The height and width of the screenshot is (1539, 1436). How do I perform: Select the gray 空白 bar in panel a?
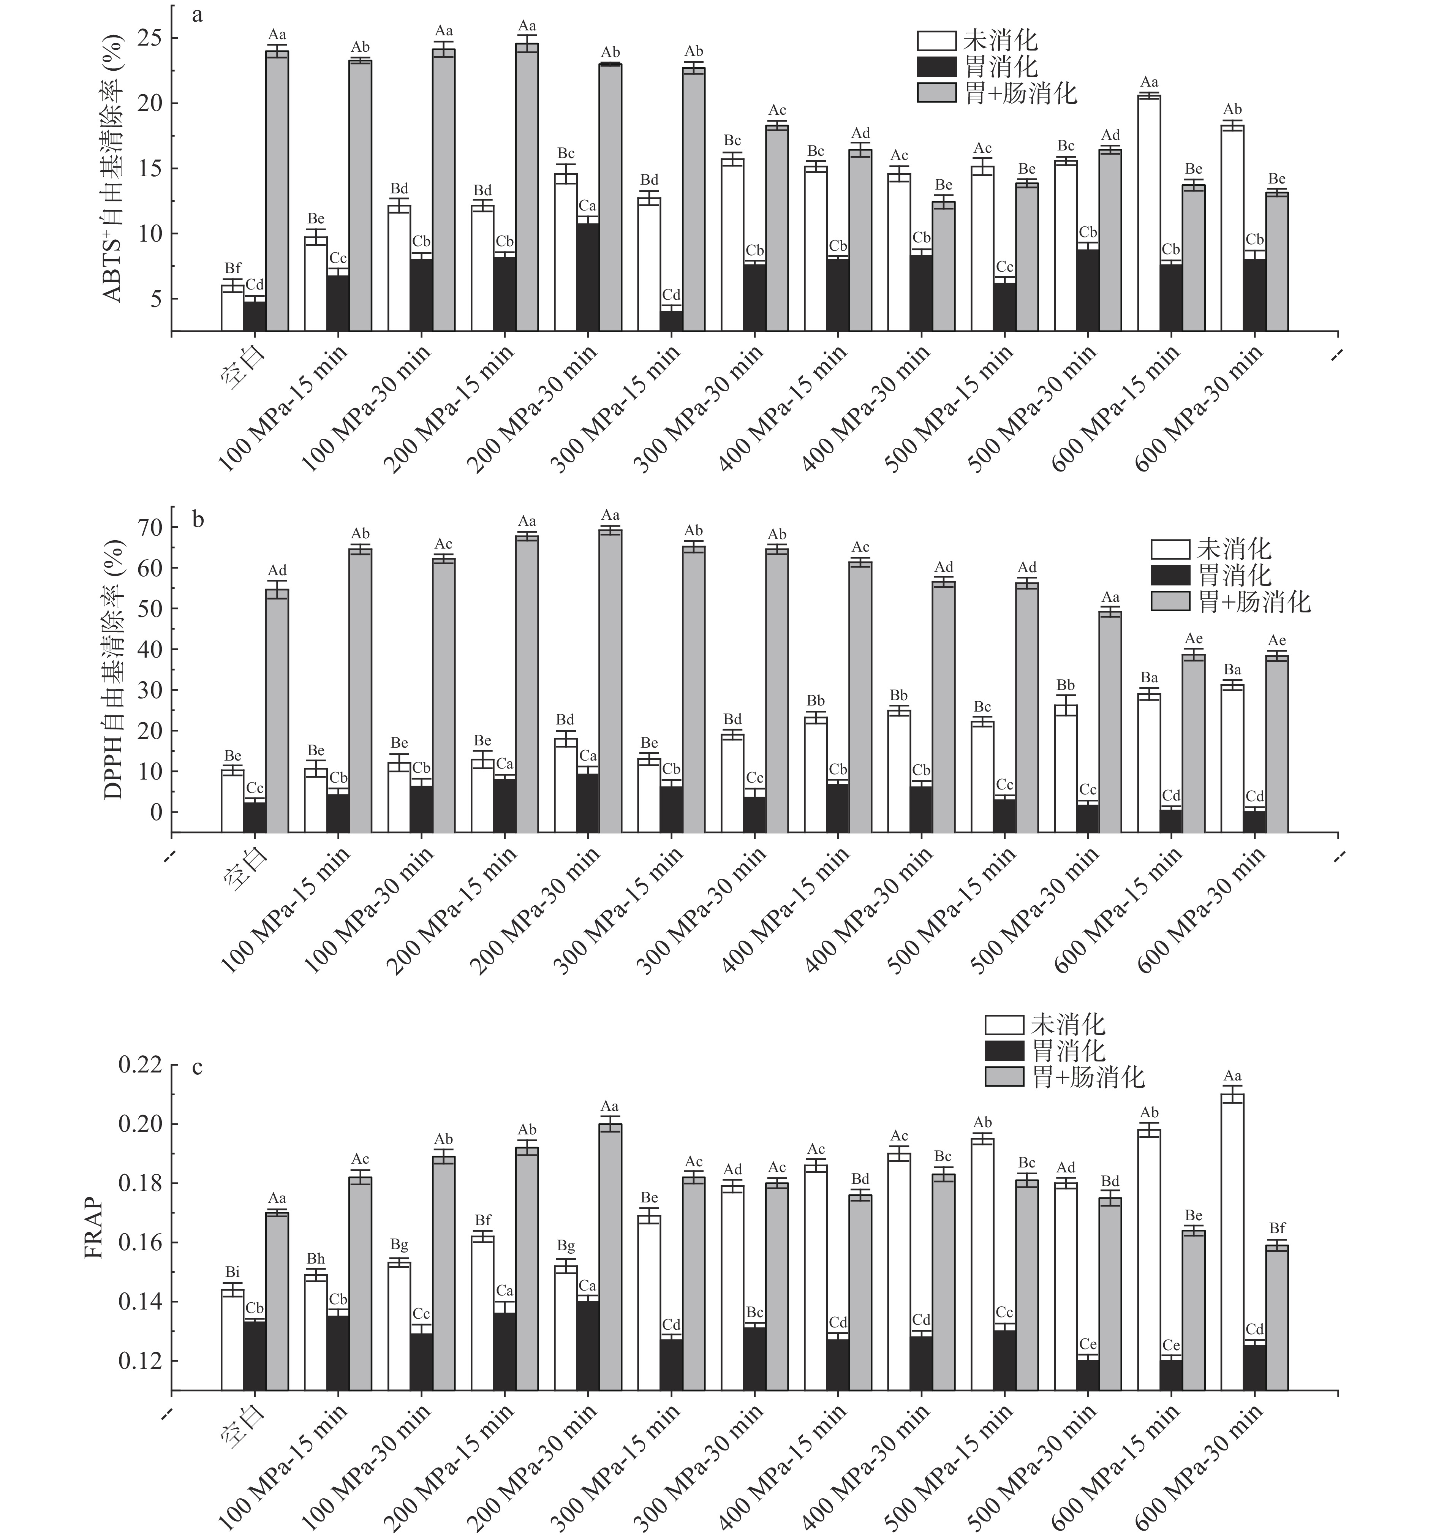277,190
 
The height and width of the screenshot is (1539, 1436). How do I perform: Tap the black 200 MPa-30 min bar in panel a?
588,277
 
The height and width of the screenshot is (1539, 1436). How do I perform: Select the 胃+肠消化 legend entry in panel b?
1231,601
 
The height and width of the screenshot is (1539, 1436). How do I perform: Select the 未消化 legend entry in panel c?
1045,1025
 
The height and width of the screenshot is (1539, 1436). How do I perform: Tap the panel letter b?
198,519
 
